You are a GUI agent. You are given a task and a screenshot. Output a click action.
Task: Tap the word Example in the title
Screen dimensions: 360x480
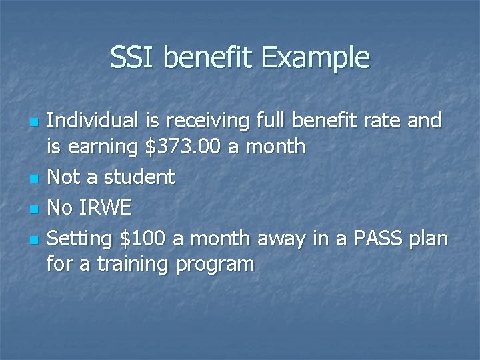(315, 59)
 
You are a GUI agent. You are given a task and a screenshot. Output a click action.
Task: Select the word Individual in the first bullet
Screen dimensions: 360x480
(93, 121)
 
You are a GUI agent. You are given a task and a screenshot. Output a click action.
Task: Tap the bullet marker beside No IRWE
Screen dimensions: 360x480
(34, 209)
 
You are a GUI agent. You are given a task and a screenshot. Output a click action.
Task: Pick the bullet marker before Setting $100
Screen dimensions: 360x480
(34, 239)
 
